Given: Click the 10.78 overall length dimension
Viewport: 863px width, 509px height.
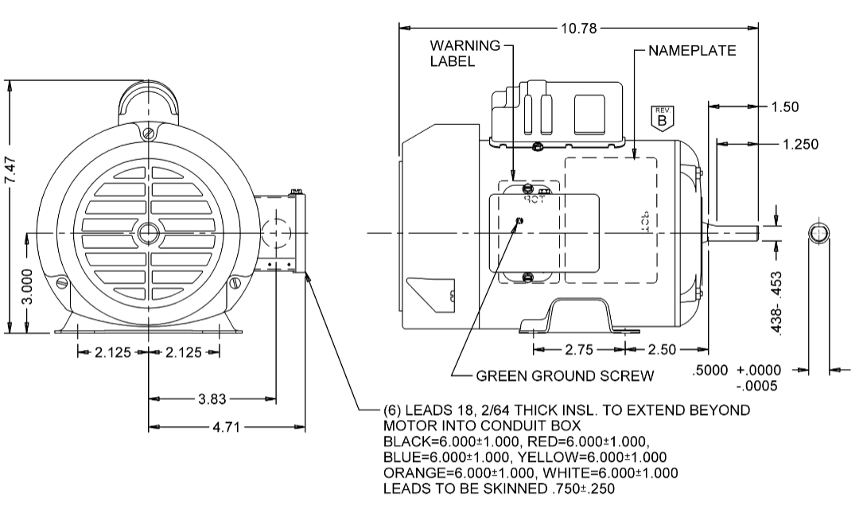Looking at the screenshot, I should point(579,29).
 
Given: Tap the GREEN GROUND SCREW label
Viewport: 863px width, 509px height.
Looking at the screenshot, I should point(565,375).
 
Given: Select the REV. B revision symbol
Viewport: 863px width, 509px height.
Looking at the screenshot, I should point(663,116).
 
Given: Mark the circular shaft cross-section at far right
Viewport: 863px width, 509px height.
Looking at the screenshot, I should point(820,233).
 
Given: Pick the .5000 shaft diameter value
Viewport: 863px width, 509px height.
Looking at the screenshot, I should point(711,371).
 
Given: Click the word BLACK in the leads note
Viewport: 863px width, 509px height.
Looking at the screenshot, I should point(405,441).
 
